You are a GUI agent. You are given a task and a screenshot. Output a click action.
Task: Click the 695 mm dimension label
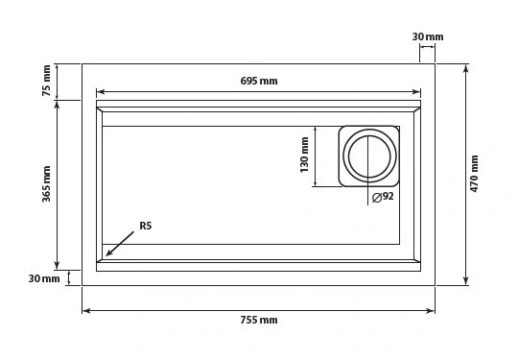259,81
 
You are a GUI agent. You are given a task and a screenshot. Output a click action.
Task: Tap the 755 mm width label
259,320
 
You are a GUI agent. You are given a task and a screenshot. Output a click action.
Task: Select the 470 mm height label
475,174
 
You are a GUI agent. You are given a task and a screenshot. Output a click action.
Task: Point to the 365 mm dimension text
47,183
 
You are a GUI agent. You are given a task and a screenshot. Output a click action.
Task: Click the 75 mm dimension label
47,81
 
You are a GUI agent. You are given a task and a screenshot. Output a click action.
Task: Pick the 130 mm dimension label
304,155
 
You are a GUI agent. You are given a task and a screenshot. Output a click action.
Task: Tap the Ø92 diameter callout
383,197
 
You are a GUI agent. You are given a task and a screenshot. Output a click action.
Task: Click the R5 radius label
146,226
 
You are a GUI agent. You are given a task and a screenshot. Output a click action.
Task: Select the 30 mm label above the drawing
428,36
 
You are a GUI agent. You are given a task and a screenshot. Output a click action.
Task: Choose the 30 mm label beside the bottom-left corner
44,278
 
